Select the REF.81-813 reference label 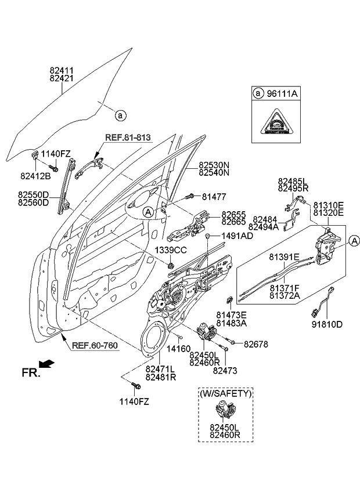point(128,138)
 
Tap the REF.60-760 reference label point(95,346)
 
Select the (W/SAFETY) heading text point(226,393)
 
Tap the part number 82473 point(225,370)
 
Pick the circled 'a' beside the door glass point(120,115)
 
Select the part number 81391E point(284,256)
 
